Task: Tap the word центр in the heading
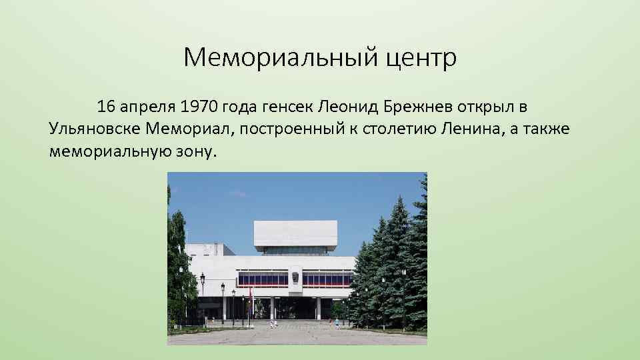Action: point(420,59)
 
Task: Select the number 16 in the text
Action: point(107,106)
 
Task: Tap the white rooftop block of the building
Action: point(295,233)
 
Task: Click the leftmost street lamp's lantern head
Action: point(203,275)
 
